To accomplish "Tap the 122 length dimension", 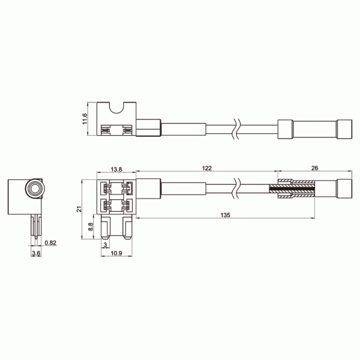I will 206,170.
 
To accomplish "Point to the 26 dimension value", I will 316,170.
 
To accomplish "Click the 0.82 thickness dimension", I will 52,243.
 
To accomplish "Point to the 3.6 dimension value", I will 35,254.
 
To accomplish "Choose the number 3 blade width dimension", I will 106,244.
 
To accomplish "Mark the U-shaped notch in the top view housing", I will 118,110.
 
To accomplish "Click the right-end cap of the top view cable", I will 344,129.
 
